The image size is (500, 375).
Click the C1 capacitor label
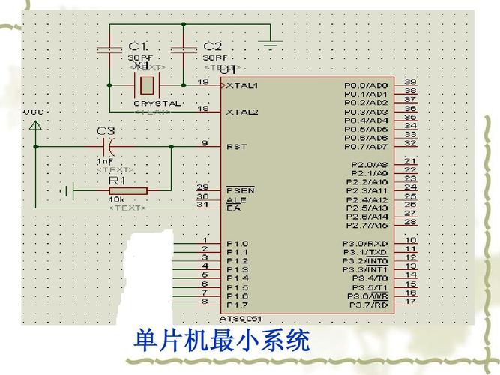point(138,46)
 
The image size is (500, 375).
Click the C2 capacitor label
point(213,46)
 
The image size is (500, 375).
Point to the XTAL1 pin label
point(242,85)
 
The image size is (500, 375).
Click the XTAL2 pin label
point(242,112)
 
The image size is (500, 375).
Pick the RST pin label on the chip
point(236,147)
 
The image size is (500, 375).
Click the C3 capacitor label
point(106,131)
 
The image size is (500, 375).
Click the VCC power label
point(34,112)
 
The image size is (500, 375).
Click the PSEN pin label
point(240,190)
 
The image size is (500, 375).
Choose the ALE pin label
point(235,199)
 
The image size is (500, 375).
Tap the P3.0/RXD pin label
point(365,243)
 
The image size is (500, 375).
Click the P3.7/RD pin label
point(367,305)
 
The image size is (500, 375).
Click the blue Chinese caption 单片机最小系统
point(221,342)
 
